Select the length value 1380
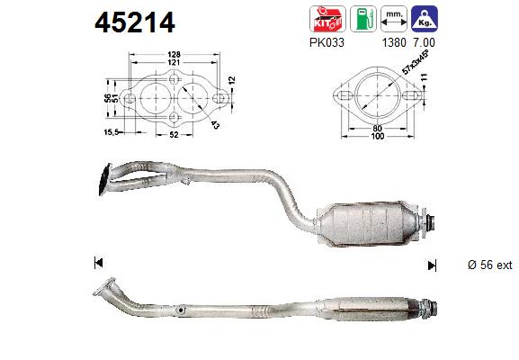tap(391, 41)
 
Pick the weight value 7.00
tap(426, 41)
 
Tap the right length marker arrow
tap(434, 265)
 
